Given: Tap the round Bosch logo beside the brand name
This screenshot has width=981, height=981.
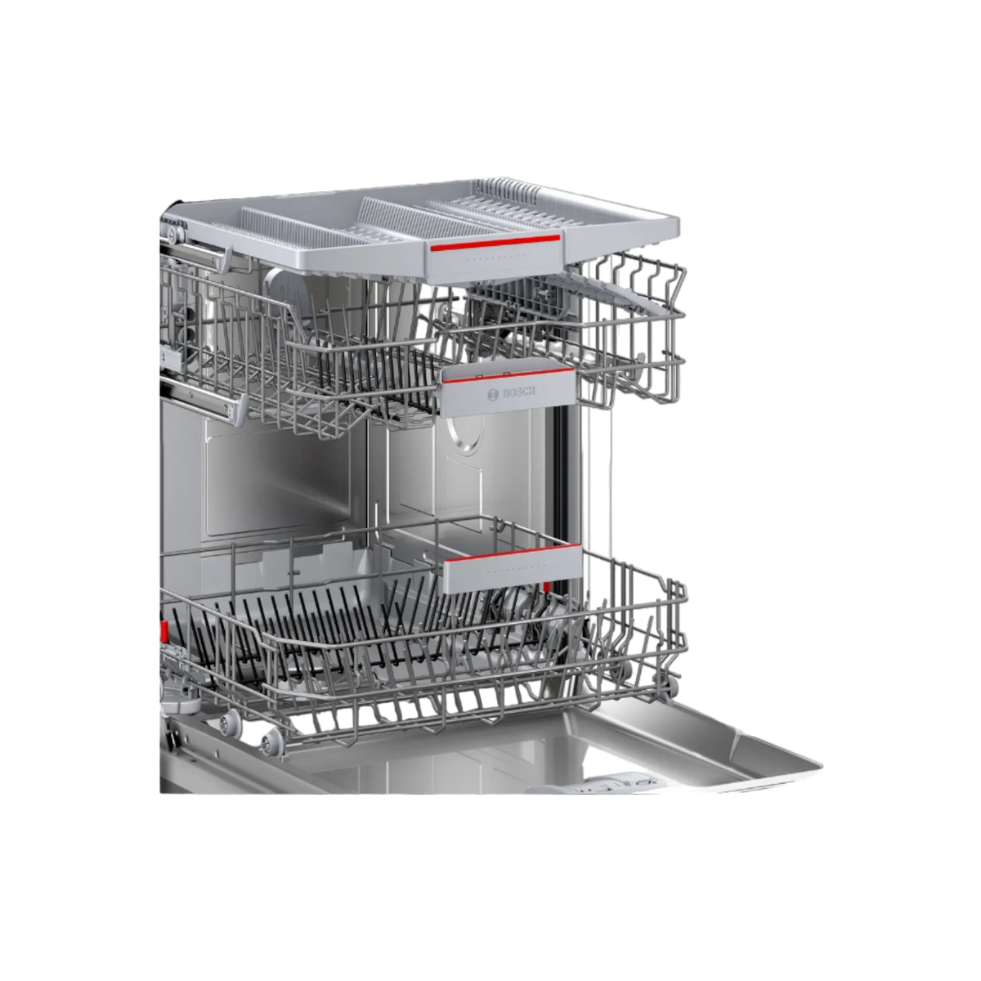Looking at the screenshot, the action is coord(493,396).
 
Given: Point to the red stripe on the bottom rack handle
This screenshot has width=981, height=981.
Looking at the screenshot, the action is coord(513,553).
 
